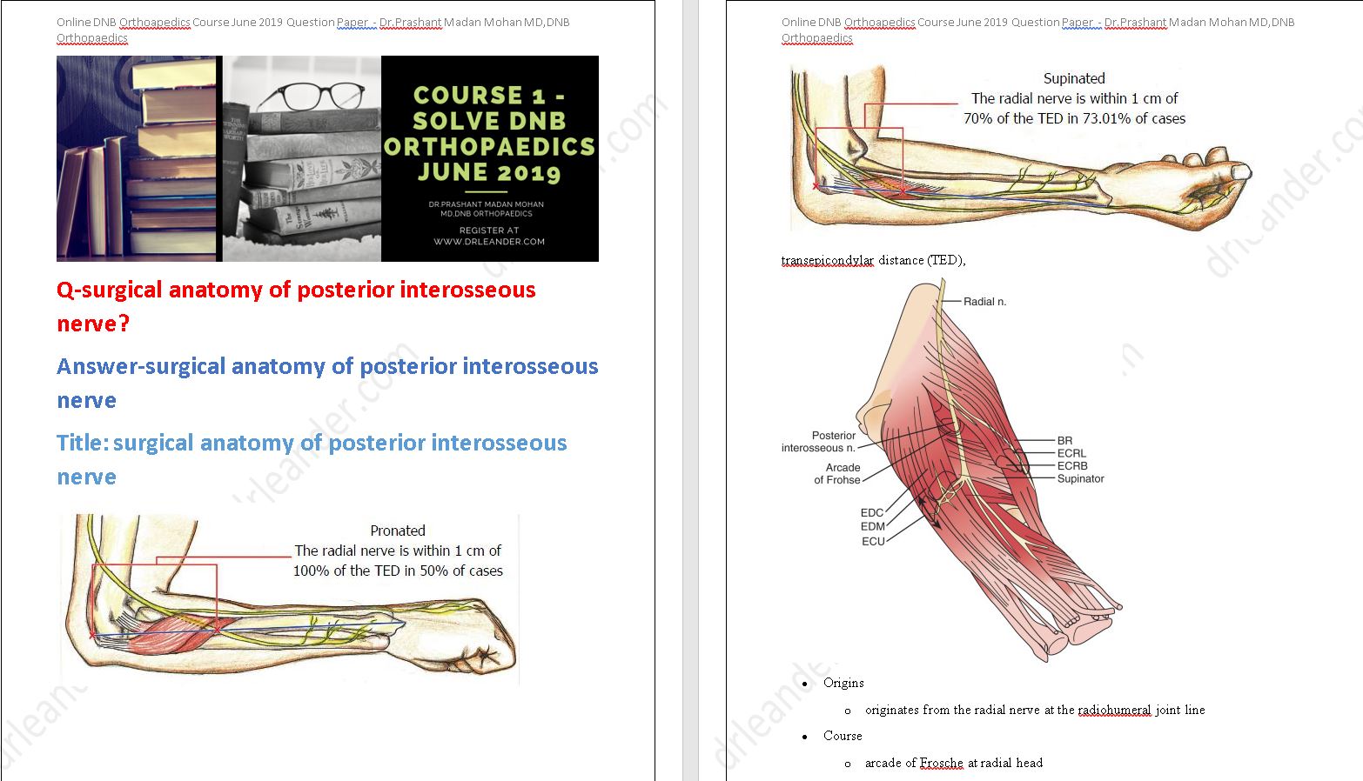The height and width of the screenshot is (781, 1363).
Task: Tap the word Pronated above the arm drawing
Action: click(398, 531)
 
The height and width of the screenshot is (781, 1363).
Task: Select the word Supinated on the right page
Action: click(1074, 78)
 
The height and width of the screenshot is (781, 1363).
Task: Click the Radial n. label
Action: click(984, 302)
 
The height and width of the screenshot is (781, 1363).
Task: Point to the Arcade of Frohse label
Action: click(837, 474)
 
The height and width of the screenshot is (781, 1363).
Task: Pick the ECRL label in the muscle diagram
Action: click(1071, 453)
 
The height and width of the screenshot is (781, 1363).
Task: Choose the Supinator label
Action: click(1080, 478)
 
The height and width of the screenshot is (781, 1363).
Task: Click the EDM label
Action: click(872, 526)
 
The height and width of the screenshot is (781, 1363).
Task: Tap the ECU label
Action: click(873, 541)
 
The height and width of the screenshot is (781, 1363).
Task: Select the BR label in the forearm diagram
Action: click(1064, 441)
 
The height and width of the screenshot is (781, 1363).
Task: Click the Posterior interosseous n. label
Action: click(819, 442)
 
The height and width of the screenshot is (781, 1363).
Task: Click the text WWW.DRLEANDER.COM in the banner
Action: click(489, 242)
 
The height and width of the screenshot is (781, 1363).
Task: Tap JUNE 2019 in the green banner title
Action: click(488, 172)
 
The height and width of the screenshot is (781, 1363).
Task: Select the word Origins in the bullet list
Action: click(843, 683)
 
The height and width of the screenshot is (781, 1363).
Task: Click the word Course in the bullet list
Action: click(843, 736)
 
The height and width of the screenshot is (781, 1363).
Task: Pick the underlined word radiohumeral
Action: click(1114, 710)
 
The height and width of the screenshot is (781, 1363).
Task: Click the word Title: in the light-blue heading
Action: click(83, 443)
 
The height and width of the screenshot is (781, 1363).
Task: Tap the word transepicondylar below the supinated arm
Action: click(827, 260)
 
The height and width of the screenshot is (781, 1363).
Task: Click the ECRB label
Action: click(1072, 466)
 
